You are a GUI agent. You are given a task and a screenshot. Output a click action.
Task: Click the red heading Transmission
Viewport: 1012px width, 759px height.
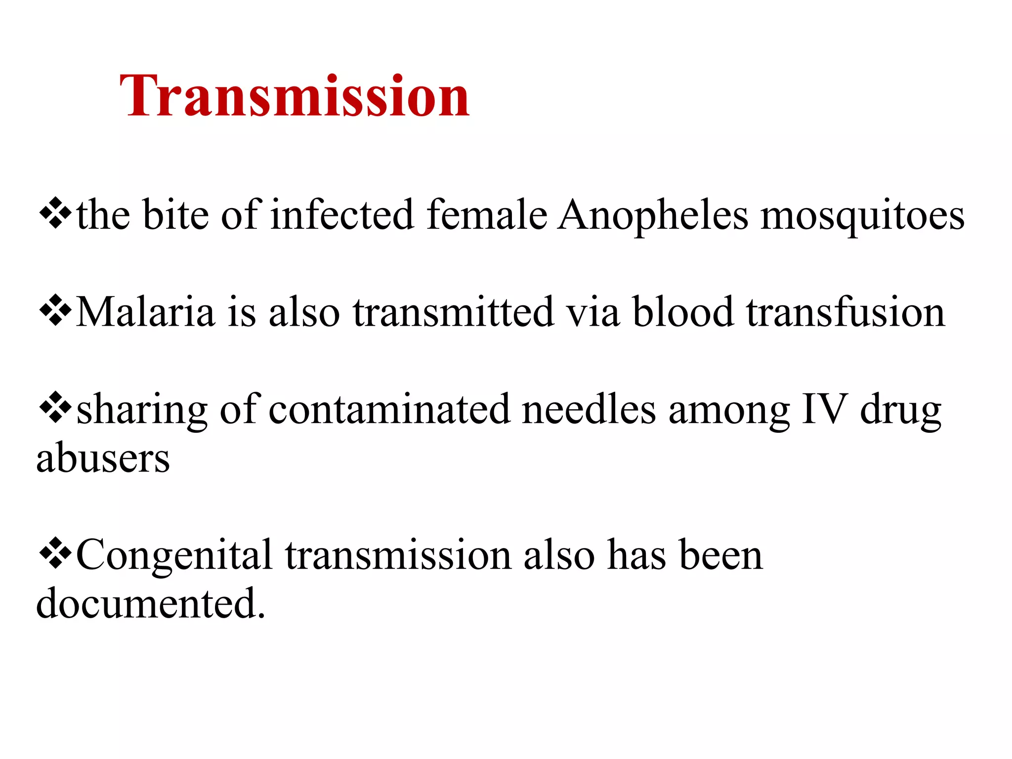tap(295, 96)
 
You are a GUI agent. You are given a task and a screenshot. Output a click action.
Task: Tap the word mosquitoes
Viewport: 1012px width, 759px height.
tap(862, 216)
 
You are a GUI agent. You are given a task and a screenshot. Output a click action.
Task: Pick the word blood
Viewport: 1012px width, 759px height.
tap(683, 312)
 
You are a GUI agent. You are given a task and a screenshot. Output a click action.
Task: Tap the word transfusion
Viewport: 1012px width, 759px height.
tap(845, 312)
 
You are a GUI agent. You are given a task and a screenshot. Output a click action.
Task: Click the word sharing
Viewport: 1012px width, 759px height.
tap(142, 410)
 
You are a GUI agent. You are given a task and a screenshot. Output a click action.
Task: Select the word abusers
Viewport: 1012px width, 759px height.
tap(103, 458)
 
